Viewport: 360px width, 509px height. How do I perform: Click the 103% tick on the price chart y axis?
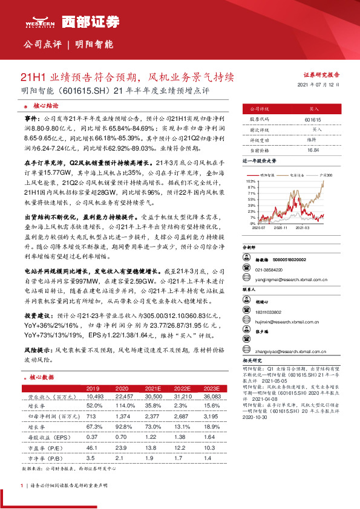250,181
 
